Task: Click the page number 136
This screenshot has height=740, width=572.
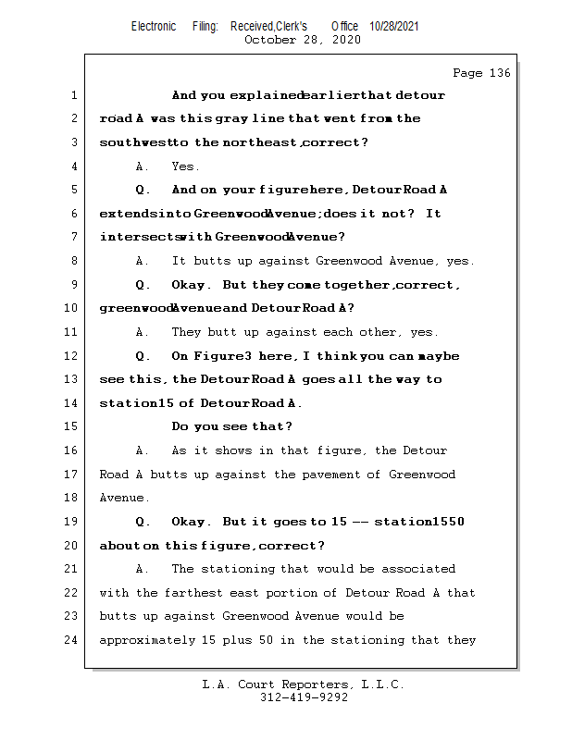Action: click(x=500, y=73)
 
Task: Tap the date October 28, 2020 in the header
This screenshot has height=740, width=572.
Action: click(x=302, y=40)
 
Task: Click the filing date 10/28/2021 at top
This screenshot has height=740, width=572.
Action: click(x=394, y=26)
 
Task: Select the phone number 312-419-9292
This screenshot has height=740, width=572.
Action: click(x=305, y=697)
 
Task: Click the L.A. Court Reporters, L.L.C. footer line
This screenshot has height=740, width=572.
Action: click(x=303, y=684)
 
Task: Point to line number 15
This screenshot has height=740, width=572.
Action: click(x=72, y=427)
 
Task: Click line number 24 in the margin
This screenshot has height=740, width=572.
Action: click(x=72, y=640)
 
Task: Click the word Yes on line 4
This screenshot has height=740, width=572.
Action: click(x=185, y=166)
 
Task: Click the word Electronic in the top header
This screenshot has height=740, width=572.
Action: click(x=154, y=26)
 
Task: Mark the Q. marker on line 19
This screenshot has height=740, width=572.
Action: click(x=143, y=522)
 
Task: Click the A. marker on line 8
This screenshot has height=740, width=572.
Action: click(x=143, y=262)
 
